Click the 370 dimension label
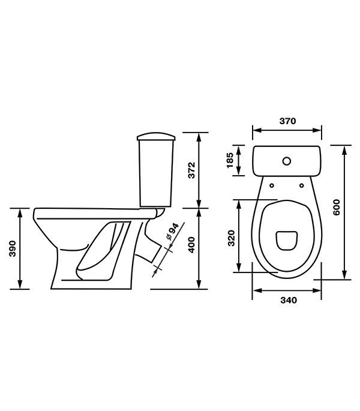[x=287, y=121]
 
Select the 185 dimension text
[x=229, y=160]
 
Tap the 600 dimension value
[x=337, y=208]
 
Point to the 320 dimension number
[x=231, y=238]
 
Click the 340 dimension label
[x=289, y=300]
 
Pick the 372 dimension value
[x=191, y=170]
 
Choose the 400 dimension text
[x=191, y=245]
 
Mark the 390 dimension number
[x=13, y=248]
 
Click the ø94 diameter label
[x=172, y=232]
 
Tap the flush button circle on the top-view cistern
[x=287, y=161]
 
